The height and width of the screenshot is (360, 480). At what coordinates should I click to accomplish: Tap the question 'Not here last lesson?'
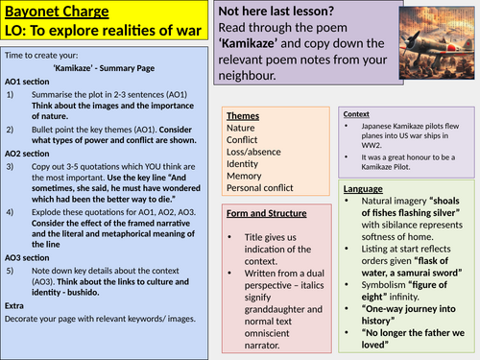299,14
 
